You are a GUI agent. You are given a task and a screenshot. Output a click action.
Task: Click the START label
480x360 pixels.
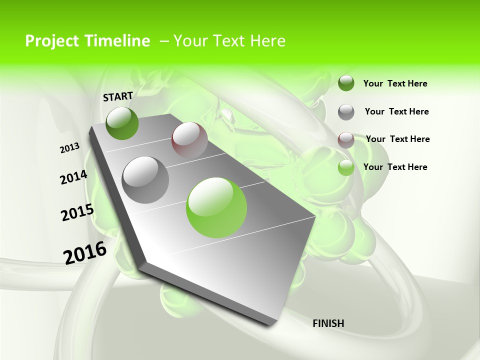[x=118, y=96]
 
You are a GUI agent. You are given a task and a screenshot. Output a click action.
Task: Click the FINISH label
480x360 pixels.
[x=328, y=323]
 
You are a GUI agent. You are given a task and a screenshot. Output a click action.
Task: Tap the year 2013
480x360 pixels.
[x=70, y=148]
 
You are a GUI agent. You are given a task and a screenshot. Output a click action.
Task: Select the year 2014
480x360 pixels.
[x=73, y=177]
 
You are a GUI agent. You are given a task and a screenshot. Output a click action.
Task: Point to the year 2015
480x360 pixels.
[x=77, y=212]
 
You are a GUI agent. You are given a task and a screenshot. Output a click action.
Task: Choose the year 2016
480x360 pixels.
[x=85, y=252]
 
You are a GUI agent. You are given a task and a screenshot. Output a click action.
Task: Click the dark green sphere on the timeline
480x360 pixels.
[x=122, y=123]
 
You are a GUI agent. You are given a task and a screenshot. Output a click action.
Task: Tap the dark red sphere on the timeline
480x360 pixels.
[x=189, y=139]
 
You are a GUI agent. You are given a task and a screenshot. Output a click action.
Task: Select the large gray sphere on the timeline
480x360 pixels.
[x=145, y=179]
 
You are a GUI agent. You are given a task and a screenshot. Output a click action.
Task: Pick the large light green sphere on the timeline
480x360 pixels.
[x=216, y=207]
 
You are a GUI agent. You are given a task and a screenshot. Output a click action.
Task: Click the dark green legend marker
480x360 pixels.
[x=346, y=83]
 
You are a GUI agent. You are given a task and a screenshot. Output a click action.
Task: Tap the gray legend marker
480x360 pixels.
[x=346, y=111]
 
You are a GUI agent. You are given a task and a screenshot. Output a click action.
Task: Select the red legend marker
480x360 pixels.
[x=346, y=139]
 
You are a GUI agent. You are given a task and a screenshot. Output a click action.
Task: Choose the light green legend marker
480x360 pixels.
[x=346, y=167]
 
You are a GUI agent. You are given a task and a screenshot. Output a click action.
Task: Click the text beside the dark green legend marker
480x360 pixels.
[x=395, y=83]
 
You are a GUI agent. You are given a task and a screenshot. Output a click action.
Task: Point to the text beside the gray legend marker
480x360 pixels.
[x=396, y=111]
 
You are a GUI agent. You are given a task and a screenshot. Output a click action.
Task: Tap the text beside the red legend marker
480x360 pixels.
[x=397, y=139]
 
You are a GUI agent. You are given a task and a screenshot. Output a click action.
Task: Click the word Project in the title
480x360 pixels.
[x=52, y=41]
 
